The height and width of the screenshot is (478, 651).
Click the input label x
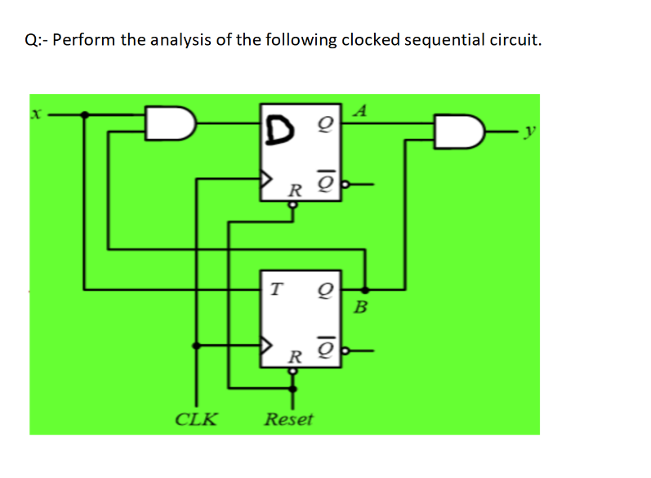click(35, 117)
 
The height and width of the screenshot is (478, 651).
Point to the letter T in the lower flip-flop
click(276, 288)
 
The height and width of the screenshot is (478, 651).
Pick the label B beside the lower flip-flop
click(363, 308)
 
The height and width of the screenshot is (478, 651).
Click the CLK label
click(197, 420)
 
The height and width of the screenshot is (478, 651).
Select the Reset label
click(288, 420)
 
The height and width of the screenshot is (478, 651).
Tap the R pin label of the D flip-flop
click(295, 191)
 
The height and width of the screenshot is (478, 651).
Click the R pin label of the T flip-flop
click(295, 357)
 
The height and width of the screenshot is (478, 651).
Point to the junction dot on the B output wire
click(364, 288)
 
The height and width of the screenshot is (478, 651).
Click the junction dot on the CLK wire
click(195, 346)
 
